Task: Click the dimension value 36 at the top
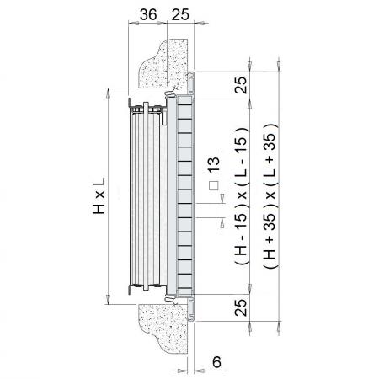(x=148, y=14)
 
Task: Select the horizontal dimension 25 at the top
(x=180, y=14)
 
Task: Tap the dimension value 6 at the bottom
(x=216, y=362)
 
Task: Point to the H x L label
(x=99, y=195)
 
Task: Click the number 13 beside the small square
(x=214, y=164)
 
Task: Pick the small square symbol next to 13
(x=214, y=185)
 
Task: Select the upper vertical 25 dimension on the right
(x=241, y=85)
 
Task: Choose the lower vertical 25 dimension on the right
(x=241, y=307)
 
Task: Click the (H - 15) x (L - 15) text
(x=242, y=195)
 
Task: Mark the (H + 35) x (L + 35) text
(x=270, y=195)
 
